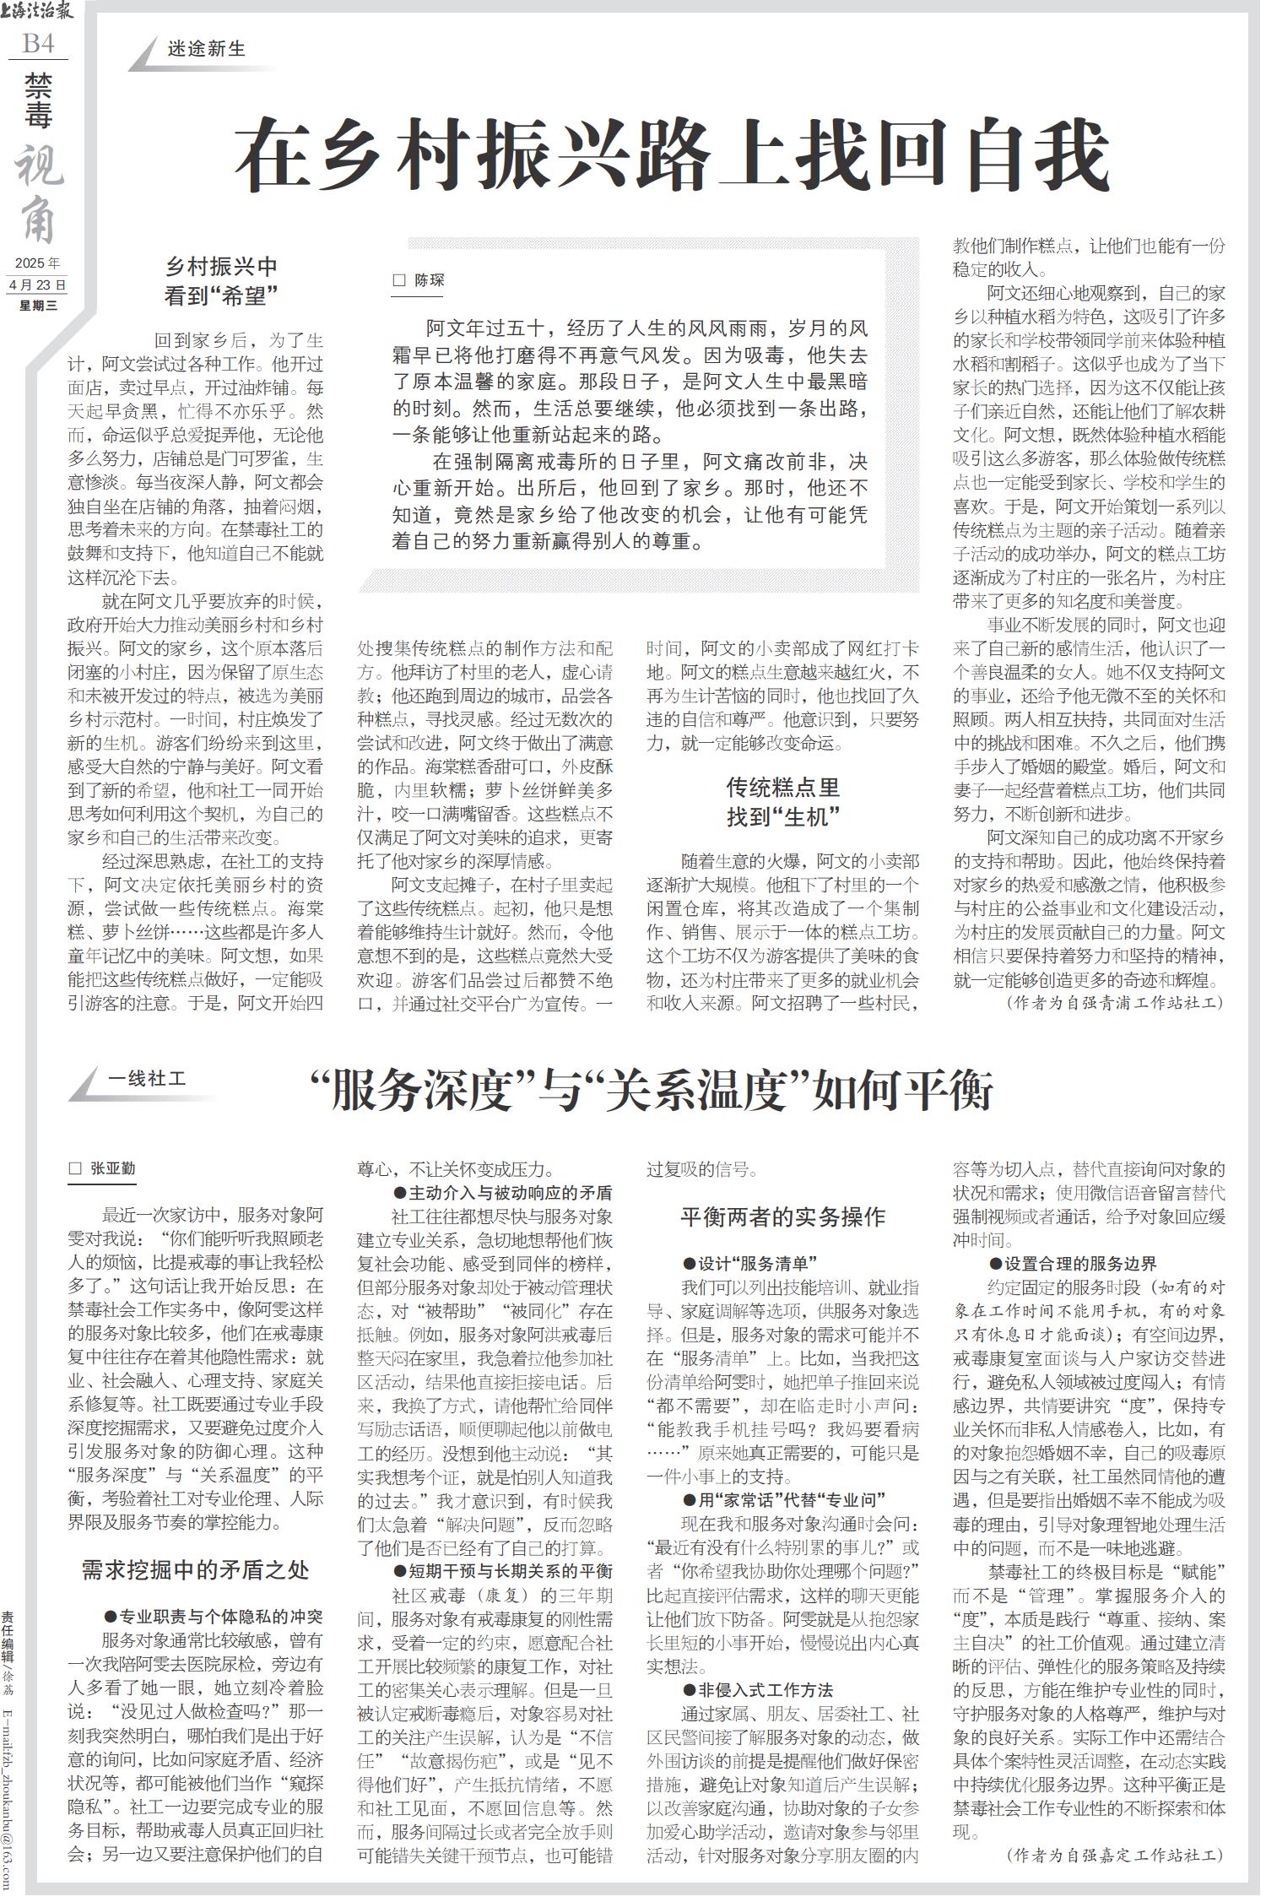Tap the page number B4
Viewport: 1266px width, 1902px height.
38,44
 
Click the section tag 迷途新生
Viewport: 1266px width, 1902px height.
206,50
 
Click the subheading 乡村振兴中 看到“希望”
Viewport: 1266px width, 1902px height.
221,280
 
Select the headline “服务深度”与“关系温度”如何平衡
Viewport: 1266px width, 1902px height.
651,1092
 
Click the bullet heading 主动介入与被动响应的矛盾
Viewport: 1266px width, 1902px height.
502,1194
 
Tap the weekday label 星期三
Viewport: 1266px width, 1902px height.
38,306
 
